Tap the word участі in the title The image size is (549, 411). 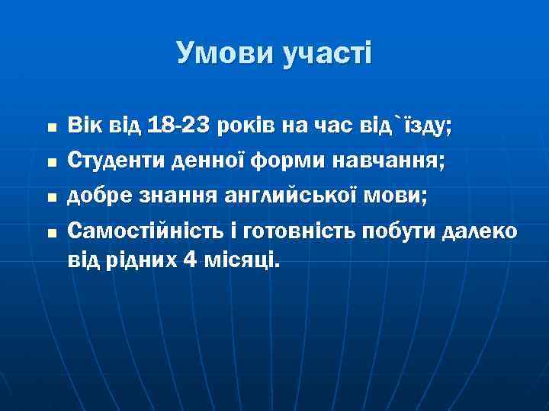[x=323, y=53]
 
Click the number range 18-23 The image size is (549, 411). [x=169, y=125]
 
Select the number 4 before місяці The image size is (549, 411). [x=189, y=260]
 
